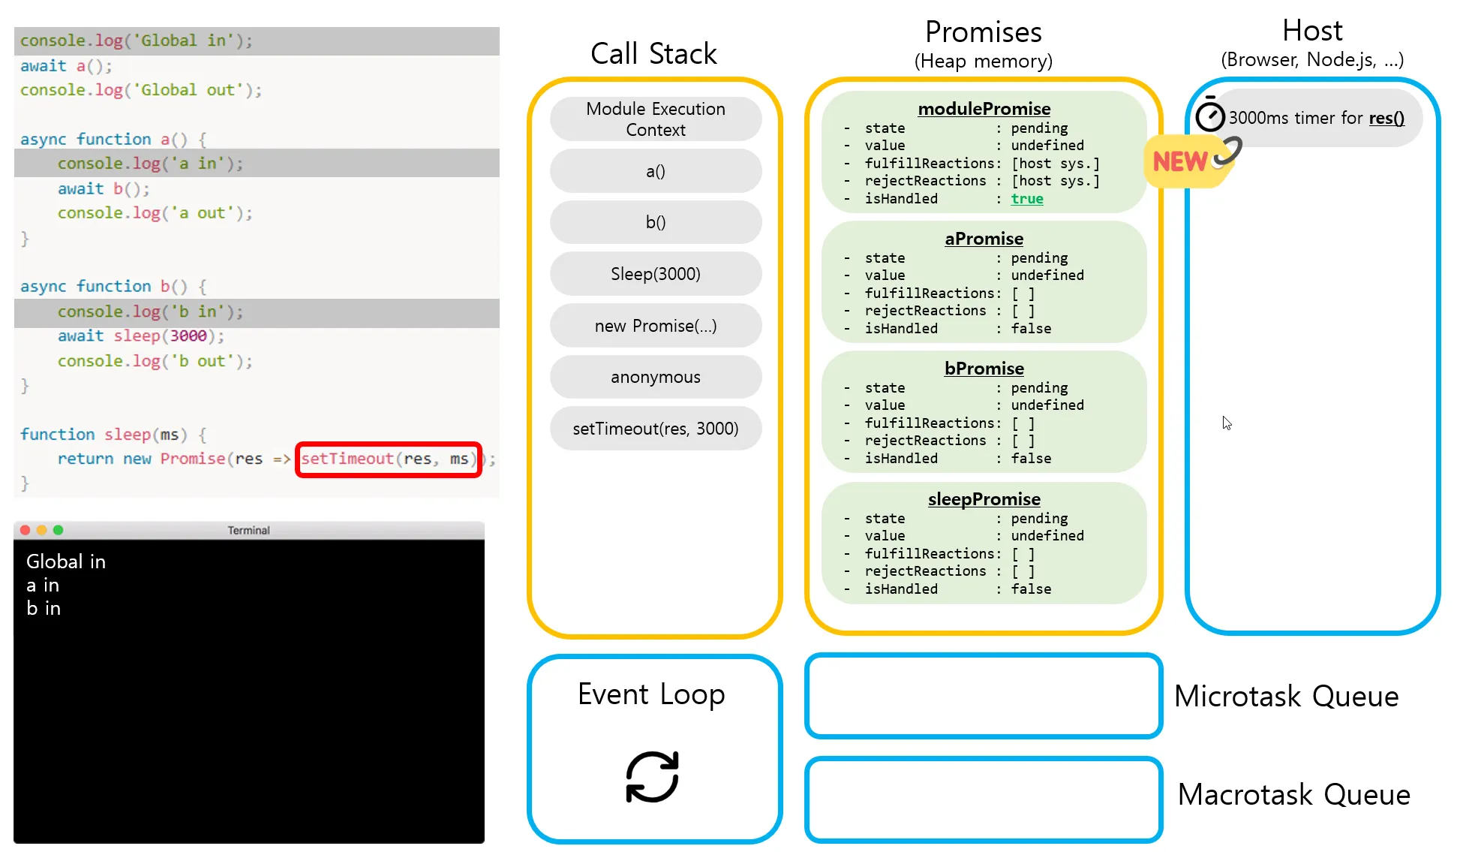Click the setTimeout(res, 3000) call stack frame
(655, 429)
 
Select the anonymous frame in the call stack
(655, 377)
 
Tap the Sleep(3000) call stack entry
(655, 274)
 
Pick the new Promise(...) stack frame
(655, 326)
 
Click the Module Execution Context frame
(655, 119)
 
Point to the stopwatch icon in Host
(1209, 116)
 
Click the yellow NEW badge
(1180, 161)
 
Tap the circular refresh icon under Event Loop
(652, 777)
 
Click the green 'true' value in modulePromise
(1026, 199)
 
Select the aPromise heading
(984, 239)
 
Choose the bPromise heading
(984, 369)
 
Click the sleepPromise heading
(984, 499)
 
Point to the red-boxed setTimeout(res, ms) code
(388, 459)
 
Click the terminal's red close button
(25, 530)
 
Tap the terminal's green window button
(59, 530)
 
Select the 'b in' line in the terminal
(44, 608)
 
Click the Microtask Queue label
(1286, 697)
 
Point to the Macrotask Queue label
(1293, 794)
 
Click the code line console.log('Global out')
(140, 90)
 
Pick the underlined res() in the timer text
(1386, 118)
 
